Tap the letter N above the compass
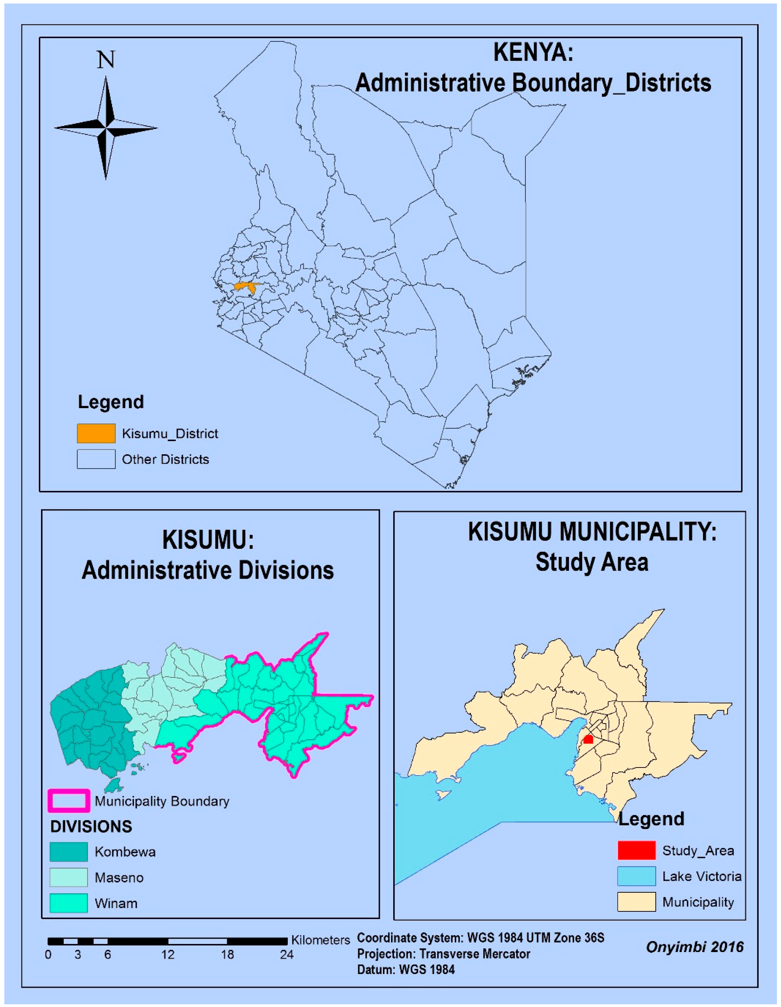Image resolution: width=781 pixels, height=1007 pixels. (106, 60)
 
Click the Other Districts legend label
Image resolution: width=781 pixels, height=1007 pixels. (165, 459)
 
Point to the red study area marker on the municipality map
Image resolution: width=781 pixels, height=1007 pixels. (588, 740)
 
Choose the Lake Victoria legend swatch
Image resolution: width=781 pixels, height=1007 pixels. (636, 876)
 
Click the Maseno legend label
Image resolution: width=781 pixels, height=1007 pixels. (119, 877)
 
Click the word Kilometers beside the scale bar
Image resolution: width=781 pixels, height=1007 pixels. (321, 940)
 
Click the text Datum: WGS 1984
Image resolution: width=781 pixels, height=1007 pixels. (406, 970)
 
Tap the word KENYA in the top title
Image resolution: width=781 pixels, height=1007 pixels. (533, 52)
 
